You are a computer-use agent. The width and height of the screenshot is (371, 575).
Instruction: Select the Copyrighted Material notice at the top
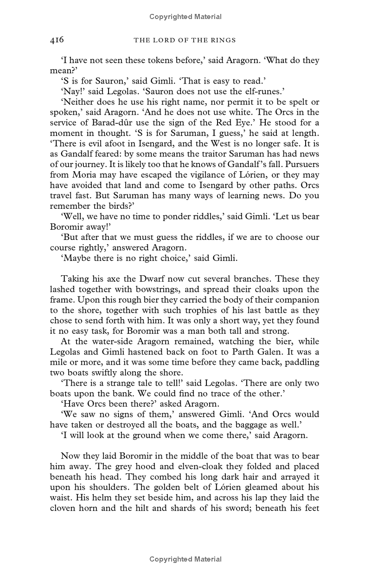tap(185, 17)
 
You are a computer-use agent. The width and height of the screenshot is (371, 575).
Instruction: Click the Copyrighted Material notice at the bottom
tap(185, 559)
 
